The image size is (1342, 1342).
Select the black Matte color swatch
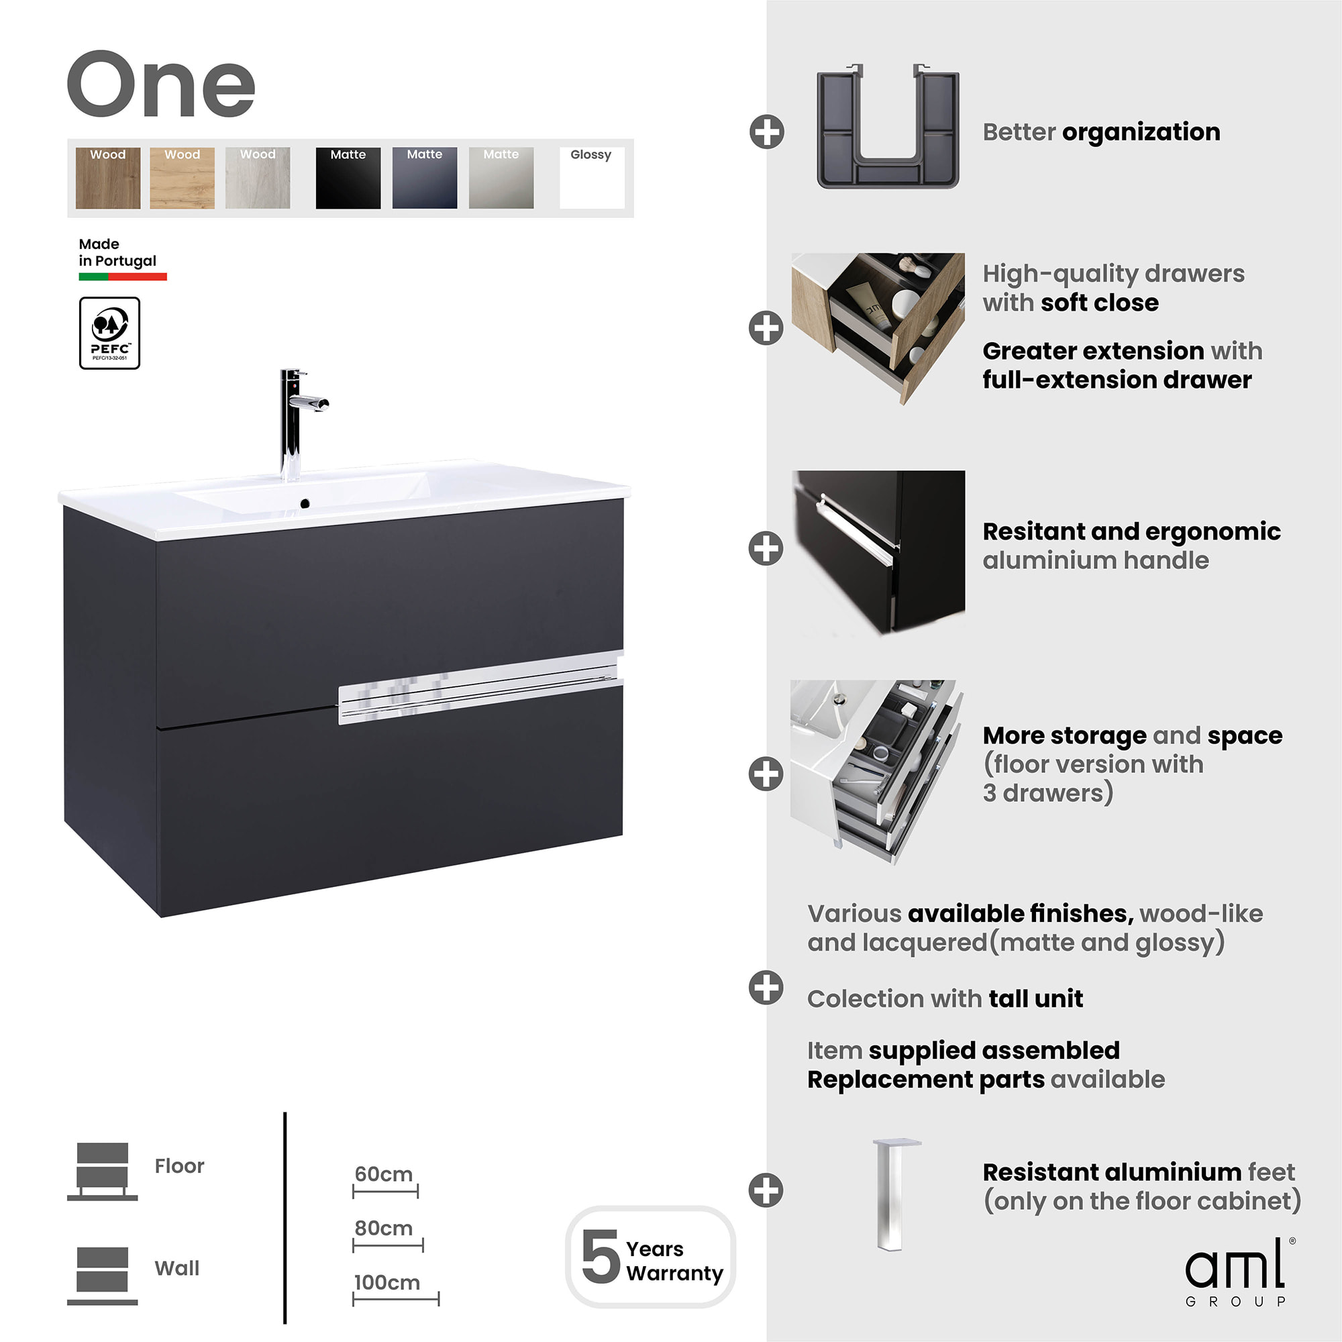click(x=348, y=178)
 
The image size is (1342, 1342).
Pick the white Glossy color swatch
click(x=592, y=178)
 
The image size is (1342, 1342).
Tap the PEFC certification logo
click(x=110, y=333)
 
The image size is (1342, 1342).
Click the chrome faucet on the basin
click(x=297, y=423)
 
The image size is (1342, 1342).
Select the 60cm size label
click(x=383, y=1174)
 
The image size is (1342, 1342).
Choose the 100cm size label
click(x=387, y=1282)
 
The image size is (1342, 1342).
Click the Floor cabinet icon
click(x=102, y=1171)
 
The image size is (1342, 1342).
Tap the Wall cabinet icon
click(x=102, y=1276)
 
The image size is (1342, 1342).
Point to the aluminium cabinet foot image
click(x=896, y=1195)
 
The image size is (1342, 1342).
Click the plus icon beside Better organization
click(x=767, y=132)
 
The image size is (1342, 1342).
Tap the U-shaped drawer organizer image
click(x=888, y=126)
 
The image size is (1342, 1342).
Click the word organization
click(x=1141, y=132)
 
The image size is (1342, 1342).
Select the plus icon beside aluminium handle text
click(x=766, y=549)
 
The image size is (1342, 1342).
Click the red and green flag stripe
click(x=123, y=276)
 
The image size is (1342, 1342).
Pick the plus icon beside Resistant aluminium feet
click(x=766, y=1190)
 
